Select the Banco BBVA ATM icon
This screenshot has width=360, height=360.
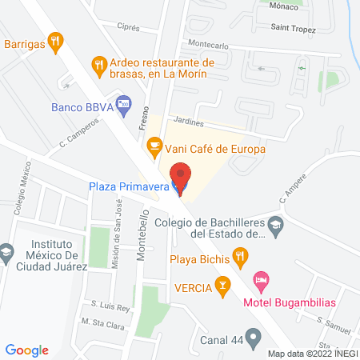point(123,104)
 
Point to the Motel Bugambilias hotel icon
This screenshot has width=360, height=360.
point(260,281)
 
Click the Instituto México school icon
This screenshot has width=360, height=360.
point(6,252)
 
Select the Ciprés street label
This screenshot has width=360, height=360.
point(129,26)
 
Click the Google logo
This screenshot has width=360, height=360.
point(28,350)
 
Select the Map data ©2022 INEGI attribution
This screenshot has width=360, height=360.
point(311,353)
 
